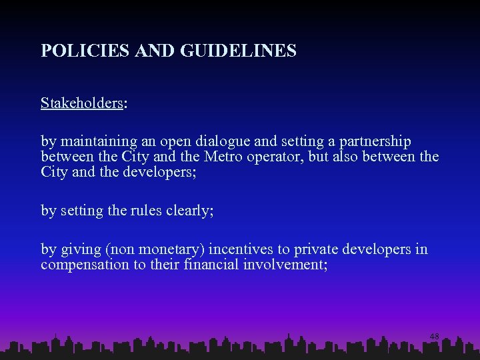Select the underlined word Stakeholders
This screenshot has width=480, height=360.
click(81, 103)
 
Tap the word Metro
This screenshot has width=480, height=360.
click(227, 157)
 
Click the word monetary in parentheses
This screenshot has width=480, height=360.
click(175, 250)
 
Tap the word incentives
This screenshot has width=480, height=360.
click(241, 250)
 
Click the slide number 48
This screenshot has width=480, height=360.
click(434, 337)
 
